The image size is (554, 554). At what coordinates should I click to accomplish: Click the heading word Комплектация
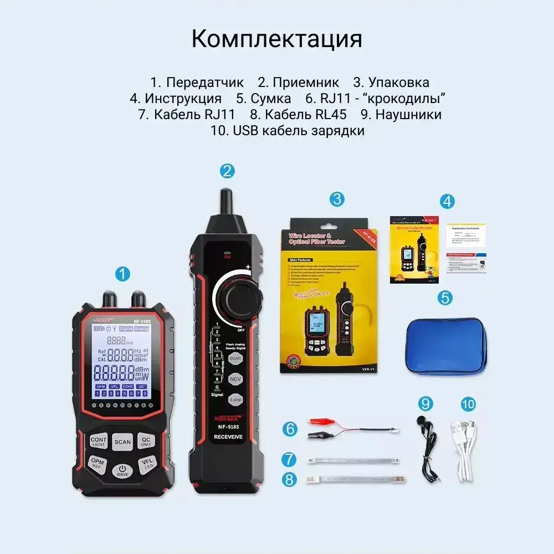[x=276, y=39]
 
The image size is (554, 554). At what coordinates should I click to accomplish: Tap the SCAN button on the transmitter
[x=122, y=442]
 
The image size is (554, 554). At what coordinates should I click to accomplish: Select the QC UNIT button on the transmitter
[x=146, y=441]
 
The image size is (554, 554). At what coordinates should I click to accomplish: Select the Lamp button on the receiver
[x=235, y=399]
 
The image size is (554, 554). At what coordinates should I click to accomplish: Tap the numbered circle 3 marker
[x=337, y=199]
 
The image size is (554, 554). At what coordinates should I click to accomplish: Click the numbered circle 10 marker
[x=468, y=404]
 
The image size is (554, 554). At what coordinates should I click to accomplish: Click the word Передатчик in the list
[x=204, y=83]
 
